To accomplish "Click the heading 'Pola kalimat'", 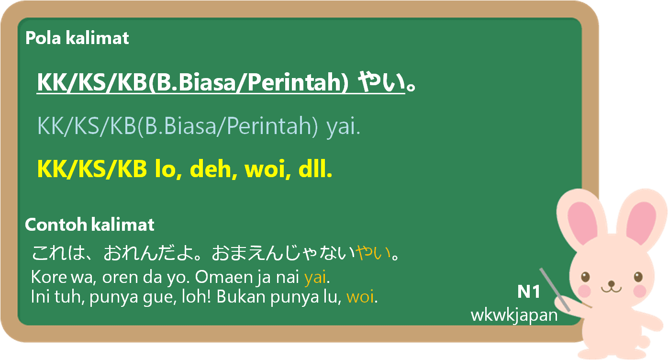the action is click(x=77, y=38).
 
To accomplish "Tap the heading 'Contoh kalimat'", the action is click(x=89, y=225).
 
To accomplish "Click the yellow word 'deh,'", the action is click(x=213, y=169).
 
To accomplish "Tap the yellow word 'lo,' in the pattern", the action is click(x=168, y=169).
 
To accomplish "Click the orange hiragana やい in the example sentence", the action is click(x=373, y=253).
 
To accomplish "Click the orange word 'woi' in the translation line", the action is click(x=360, y=297).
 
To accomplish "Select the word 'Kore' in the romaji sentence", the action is click(x=49, y=277).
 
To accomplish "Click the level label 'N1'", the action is click(x=528, y=292).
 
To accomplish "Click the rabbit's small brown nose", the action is click(x=612, y=283).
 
